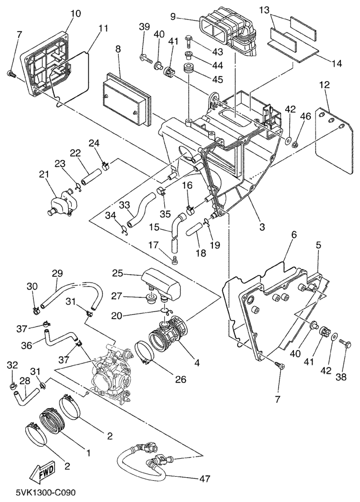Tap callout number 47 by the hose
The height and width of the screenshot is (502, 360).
tap(205, 479)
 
